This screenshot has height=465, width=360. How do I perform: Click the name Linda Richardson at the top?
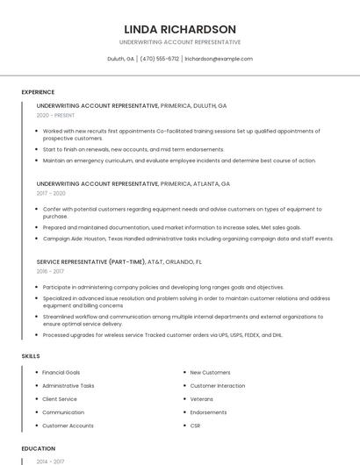tap(179, 29)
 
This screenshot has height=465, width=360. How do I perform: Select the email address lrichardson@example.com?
tap(219, 59)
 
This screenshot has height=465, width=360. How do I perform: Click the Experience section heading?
tap(38, 92)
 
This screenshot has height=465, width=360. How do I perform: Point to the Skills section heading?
tap(31, 356)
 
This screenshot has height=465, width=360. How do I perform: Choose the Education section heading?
tap(38, 448)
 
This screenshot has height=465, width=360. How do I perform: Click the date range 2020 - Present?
tap(55, 116)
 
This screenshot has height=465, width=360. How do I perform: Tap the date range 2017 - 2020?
tap(51, 193)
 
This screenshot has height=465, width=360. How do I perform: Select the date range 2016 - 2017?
tap(51, 271)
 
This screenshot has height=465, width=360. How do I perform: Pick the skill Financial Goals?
tap(61, 372)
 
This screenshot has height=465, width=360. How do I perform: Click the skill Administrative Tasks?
tap(68, 385)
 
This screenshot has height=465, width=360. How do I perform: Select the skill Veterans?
tap(202, 398)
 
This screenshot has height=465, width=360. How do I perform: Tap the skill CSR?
tap(195, 426)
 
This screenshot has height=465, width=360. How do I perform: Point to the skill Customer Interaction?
tap(217, 385)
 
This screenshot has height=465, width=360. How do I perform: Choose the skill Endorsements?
tap(208, 412)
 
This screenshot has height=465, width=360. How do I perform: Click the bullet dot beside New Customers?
tap(183, 372)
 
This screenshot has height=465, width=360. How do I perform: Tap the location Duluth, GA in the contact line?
tap(120, 59)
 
